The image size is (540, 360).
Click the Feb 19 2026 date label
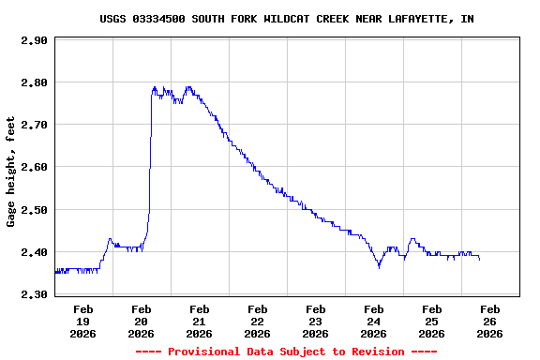click(83, 321)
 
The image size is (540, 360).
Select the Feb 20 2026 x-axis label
click(142, 321)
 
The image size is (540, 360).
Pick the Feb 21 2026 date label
click(200, 321)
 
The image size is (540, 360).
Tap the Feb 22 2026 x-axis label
click(258, 321)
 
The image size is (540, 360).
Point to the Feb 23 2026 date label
click(316, 321)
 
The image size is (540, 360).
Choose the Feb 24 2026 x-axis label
click(374, 321)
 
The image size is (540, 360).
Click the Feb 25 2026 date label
click(432, 321)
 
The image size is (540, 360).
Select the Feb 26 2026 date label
click(490, 321)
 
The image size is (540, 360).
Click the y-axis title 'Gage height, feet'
click(11, 172)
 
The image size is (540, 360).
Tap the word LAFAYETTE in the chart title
click(415, 19)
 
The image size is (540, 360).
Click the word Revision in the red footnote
click(377, 352)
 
